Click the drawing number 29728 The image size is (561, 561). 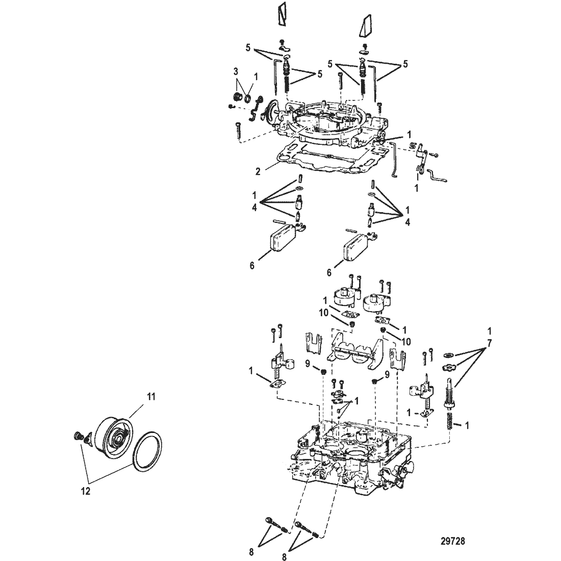[x=452, y=541]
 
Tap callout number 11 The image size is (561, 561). [x=151, y=396]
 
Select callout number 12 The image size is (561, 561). [x=86, y=491]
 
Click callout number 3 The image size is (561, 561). [x=236, y=72]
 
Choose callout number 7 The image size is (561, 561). [x=490, y=343]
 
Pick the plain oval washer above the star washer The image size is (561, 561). [x=448, y=355]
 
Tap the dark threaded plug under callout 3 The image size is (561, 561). [x=236, y=96]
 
